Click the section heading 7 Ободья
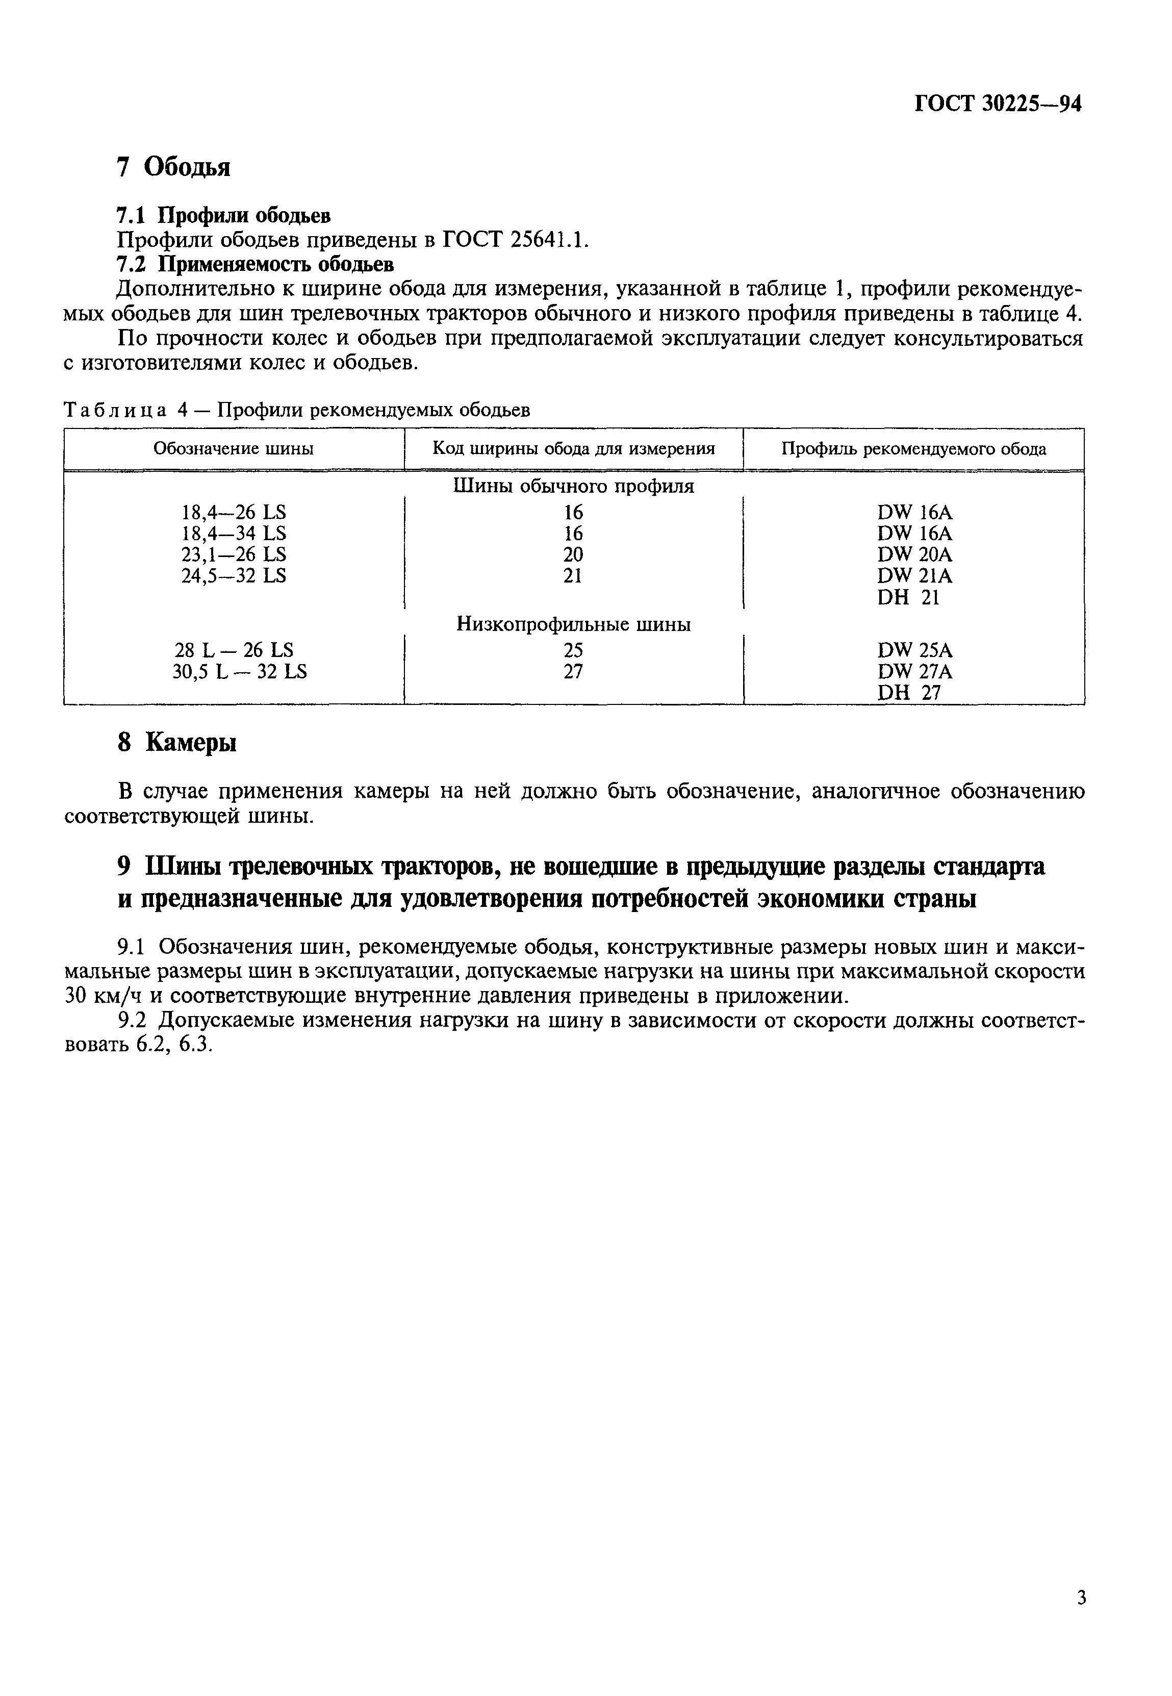tap(174, 167)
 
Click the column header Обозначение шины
tap(234, 449)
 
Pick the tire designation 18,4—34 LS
tap(234, 533)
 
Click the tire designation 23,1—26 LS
tap(234, 554)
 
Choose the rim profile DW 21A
tap(914, 576)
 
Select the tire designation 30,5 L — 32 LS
tap(239, 671)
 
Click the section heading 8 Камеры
tap(177, 743)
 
